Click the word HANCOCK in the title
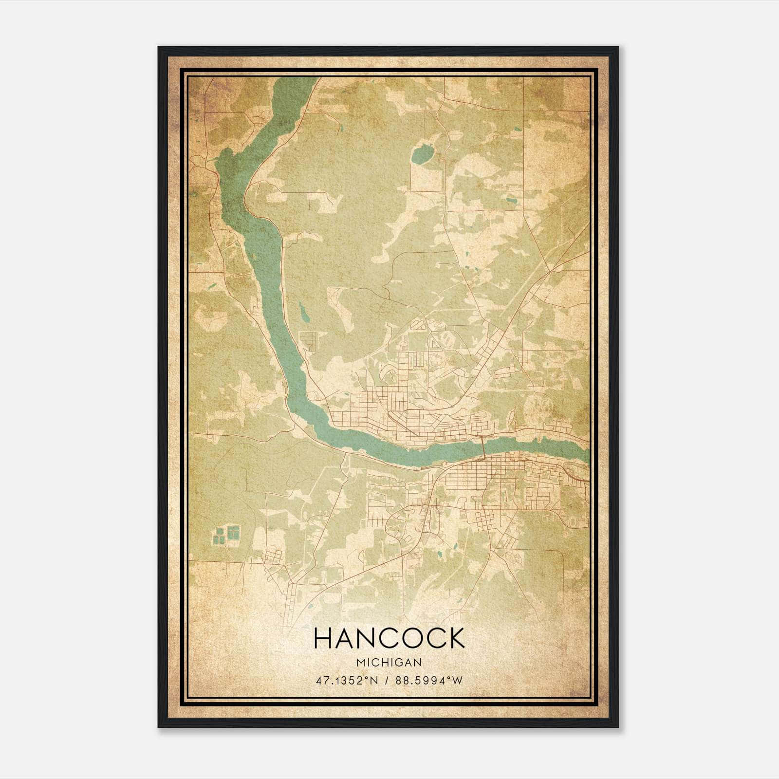coord(389,638)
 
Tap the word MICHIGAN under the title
coord(389,662)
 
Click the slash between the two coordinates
coord(385,680)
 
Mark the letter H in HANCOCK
coord(324,638)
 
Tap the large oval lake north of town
coord(421,155)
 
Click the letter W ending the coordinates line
coord(457,680)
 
